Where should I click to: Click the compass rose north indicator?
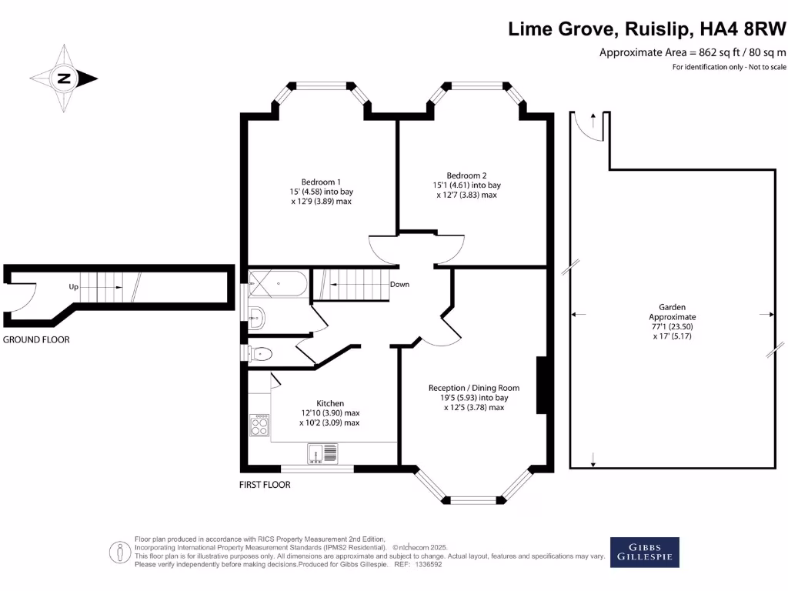(64, 78)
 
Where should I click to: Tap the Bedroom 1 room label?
(321, 182)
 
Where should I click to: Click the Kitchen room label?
(330, 403)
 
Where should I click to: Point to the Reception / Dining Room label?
(473, 388)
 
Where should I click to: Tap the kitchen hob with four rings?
(259, 426)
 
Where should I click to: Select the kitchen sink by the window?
(322, 454)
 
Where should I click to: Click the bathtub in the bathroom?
(277, 283)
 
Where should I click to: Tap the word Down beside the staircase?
(399, 284)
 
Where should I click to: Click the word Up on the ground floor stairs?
(74, 286)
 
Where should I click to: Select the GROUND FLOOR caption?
(36, 339)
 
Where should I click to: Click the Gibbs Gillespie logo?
(645, 552)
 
